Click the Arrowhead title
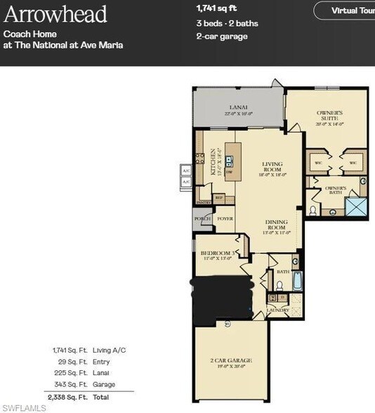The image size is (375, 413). pos(55,14)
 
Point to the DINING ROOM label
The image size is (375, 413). pos(275,227)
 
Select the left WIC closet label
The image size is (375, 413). pos(317,163)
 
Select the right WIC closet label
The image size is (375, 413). pos(353,163)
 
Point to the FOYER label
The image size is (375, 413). pos(225,219)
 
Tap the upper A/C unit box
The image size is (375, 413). pos(186,171)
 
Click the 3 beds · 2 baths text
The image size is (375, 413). pos(227,23)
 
